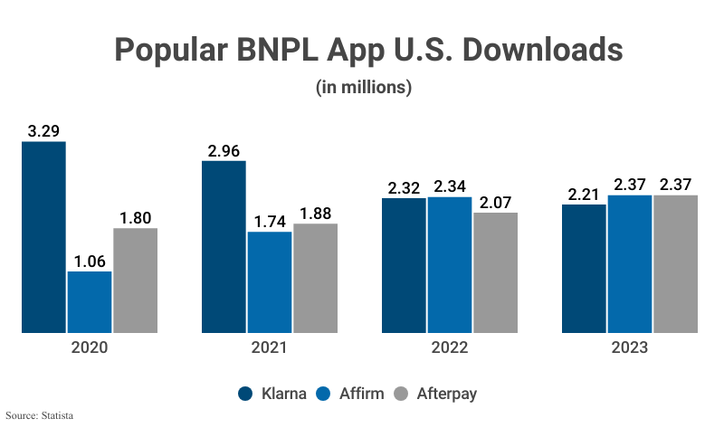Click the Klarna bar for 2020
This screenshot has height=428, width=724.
pos(44,237)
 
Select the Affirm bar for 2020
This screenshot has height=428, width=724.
pos(90,301)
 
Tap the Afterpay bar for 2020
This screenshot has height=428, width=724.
pos(135,280)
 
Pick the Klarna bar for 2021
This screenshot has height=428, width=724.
pos(224,246)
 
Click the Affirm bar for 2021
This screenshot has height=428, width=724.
pos(269,281)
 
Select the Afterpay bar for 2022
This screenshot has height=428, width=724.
pos(495,272)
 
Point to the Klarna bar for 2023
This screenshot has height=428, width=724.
pos(584,268)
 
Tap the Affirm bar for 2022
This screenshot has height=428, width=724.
pos(450,264)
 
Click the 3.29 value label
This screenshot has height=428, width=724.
pos(43,131)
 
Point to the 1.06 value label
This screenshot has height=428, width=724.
pos(90,261)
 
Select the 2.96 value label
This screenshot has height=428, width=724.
pos(224,151)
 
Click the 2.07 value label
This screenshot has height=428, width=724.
pos(495,202)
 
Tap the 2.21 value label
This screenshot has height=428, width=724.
pos(584,194)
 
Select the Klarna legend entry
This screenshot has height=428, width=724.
pos(272,394)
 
